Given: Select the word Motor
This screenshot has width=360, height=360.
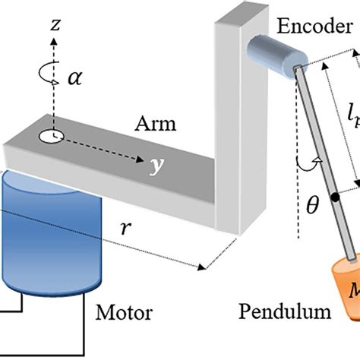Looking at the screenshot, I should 124,312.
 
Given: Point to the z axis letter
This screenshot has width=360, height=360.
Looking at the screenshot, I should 54,26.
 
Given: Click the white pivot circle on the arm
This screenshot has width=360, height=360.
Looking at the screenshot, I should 52,137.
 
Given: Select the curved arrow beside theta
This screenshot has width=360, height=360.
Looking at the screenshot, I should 305,164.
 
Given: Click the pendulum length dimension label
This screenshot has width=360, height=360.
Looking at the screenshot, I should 352,118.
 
